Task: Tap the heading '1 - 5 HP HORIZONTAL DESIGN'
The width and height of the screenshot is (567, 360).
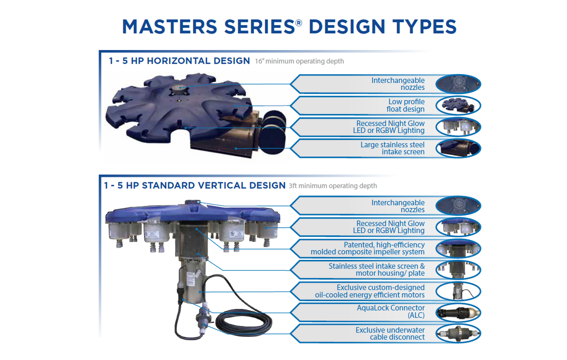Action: (179, 61)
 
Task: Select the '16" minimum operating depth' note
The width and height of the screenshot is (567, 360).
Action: (299, 61)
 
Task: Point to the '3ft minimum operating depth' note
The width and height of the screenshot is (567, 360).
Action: (333, 186)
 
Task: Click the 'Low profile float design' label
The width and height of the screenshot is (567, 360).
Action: (406, 105)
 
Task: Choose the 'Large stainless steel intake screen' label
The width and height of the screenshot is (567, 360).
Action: (392, 148)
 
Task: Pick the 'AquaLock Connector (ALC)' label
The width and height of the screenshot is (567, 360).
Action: (391, 311)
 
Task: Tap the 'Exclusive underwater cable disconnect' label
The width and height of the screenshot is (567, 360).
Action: (390, 334)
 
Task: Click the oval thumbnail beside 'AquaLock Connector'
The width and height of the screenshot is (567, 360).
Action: (458, 312)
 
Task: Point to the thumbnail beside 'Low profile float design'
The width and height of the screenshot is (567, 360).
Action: (458, 106)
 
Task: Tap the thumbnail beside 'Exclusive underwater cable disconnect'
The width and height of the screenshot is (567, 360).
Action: (458, 334)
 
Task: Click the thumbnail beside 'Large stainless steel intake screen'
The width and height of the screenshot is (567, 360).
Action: (458, 148)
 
